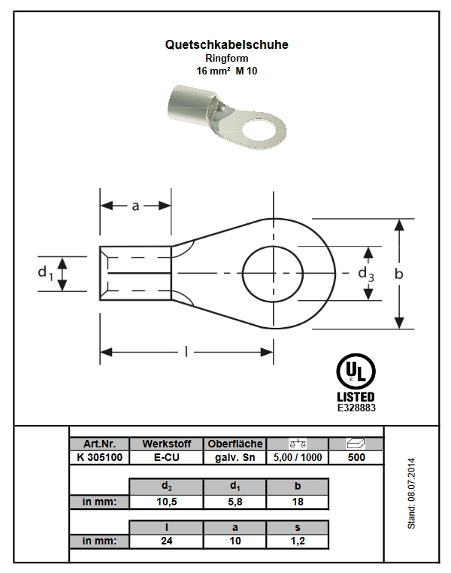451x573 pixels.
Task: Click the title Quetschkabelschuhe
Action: (x=226, y=44)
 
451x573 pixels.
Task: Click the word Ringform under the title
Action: (x=226, y=58)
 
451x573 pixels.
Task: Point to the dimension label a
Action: (x=135, y=206)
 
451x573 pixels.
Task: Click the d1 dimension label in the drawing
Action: (x=46, y=274)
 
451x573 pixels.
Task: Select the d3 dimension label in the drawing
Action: (x=366, y=274)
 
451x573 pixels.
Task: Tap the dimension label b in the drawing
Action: (x=399, y=274)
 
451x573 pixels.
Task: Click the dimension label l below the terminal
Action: (x=186, y=352)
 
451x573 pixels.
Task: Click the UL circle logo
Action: (x=356, y=371)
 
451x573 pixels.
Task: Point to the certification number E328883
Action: (x=356, y=408)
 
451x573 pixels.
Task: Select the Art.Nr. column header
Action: (x=99, y=444)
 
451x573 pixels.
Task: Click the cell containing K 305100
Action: (x=99, y=457)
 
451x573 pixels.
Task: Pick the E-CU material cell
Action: (x=167, y=457)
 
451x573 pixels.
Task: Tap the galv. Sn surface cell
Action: (x=235, y=457)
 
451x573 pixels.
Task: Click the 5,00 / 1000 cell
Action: (x=298, y=457)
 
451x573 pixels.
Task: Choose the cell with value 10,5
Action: (x=167, y=502)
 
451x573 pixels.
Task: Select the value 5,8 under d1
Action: (x=235, y=502)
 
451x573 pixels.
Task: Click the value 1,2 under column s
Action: (x=298, y=541)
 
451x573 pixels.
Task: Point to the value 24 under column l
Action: (x=167, y=541)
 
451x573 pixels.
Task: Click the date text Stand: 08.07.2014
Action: (x=412, y=493)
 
